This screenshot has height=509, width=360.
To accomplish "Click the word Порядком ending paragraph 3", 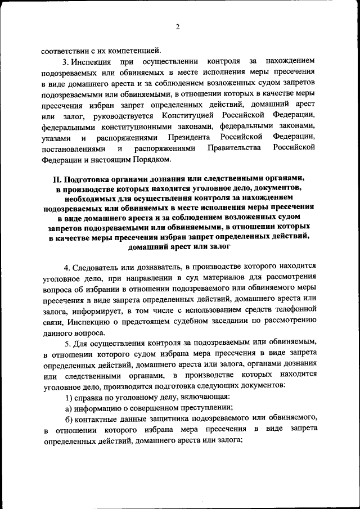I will tap(149, 159).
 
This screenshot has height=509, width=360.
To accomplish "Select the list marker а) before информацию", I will tap(69, 409).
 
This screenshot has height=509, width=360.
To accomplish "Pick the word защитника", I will tap(169, 420).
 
